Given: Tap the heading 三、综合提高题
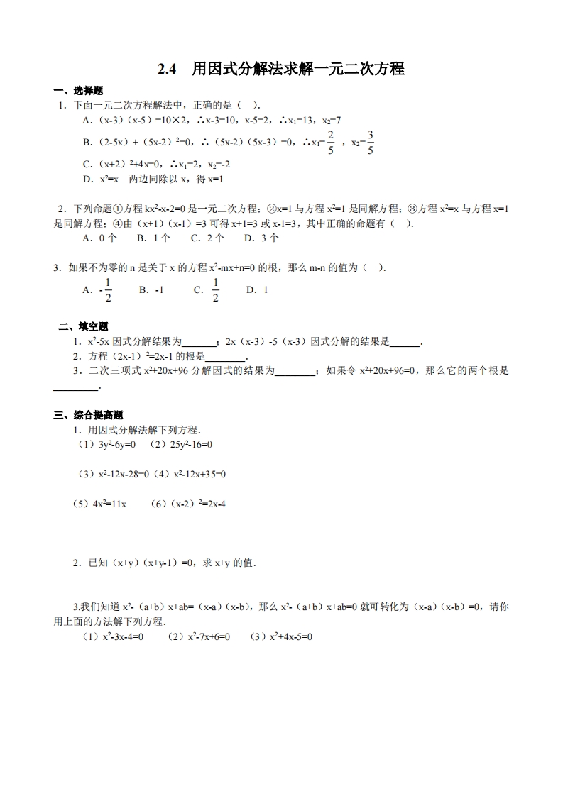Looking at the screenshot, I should coord(88,415).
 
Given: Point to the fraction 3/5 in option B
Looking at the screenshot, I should coord(371,142).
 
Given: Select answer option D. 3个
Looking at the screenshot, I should coord(261,238).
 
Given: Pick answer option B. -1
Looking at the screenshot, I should coord(151,290).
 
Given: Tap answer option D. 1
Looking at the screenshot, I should coord(257,290).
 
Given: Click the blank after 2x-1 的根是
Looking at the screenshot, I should coord(225,357).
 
